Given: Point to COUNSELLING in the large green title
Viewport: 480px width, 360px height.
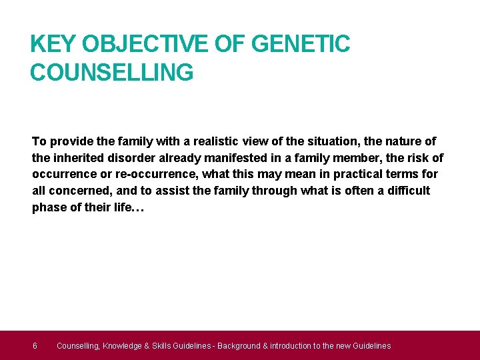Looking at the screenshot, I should click(x=111, y=72).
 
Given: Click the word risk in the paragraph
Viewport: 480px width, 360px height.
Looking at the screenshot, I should click(x=415, y=158).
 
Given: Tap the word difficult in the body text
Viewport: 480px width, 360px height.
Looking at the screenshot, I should click(x=404, y=191).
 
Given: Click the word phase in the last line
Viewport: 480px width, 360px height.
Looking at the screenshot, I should click(x=48, y=207).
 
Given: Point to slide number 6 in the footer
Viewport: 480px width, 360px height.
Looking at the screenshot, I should click(x=35, y=345).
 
